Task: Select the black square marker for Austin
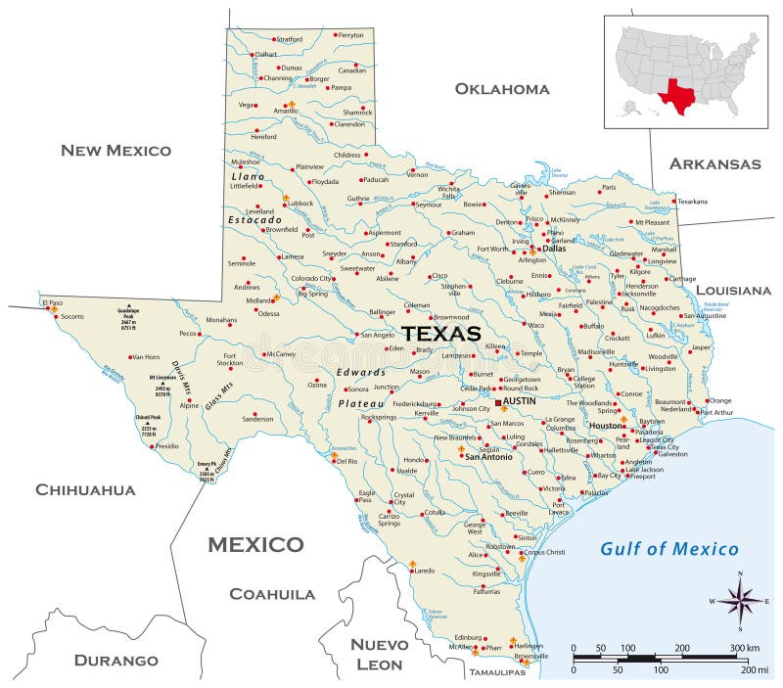(498, 402)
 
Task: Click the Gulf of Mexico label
(669, 548)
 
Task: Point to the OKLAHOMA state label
(502, 89)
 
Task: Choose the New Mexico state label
(115, 150)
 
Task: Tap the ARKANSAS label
(714, 163)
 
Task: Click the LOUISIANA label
(733, 290)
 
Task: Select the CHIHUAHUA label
(85, 489)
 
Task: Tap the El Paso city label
(52, 303)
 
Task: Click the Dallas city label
(554, 249)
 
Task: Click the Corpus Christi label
(544, 553)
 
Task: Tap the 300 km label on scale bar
(746, 649)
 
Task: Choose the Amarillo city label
(285, 112)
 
